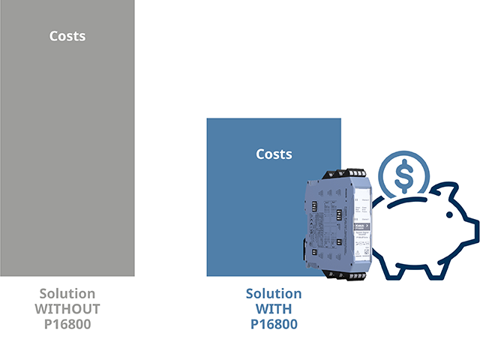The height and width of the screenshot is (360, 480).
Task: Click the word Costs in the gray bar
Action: (x=67, y=35)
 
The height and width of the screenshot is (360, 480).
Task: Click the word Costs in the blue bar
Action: (x=274, y=154)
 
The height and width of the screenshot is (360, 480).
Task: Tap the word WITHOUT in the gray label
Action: (x=67, y=309)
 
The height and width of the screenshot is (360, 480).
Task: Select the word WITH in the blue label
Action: (x=274, y=309)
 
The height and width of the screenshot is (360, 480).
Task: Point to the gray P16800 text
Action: (x=67, y=324)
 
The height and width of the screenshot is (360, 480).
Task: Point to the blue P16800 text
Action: (x=274, y=324)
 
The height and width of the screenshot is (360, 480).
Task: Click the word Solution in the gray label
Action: (x=67, y=293)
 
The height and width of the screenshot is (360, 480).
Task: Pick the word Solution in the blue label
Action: (x=274, y=293)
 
